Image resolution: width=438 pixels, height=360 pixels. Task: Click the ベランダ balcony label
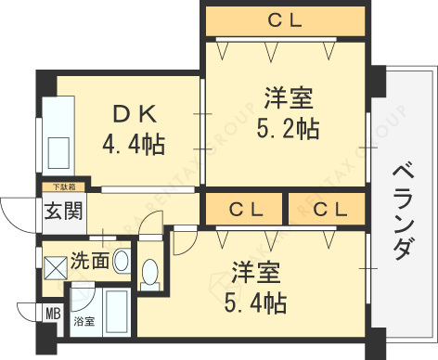[x=402, y=212]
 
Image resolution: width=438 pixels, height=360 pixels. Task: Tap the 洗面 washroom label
[x=90, y=263]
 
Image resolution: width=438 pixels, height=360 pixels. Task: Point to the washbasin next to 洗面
[x=122, y=262]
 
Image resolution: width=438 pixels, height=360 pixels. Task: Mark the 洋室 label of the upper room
[x=287, y=98]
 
